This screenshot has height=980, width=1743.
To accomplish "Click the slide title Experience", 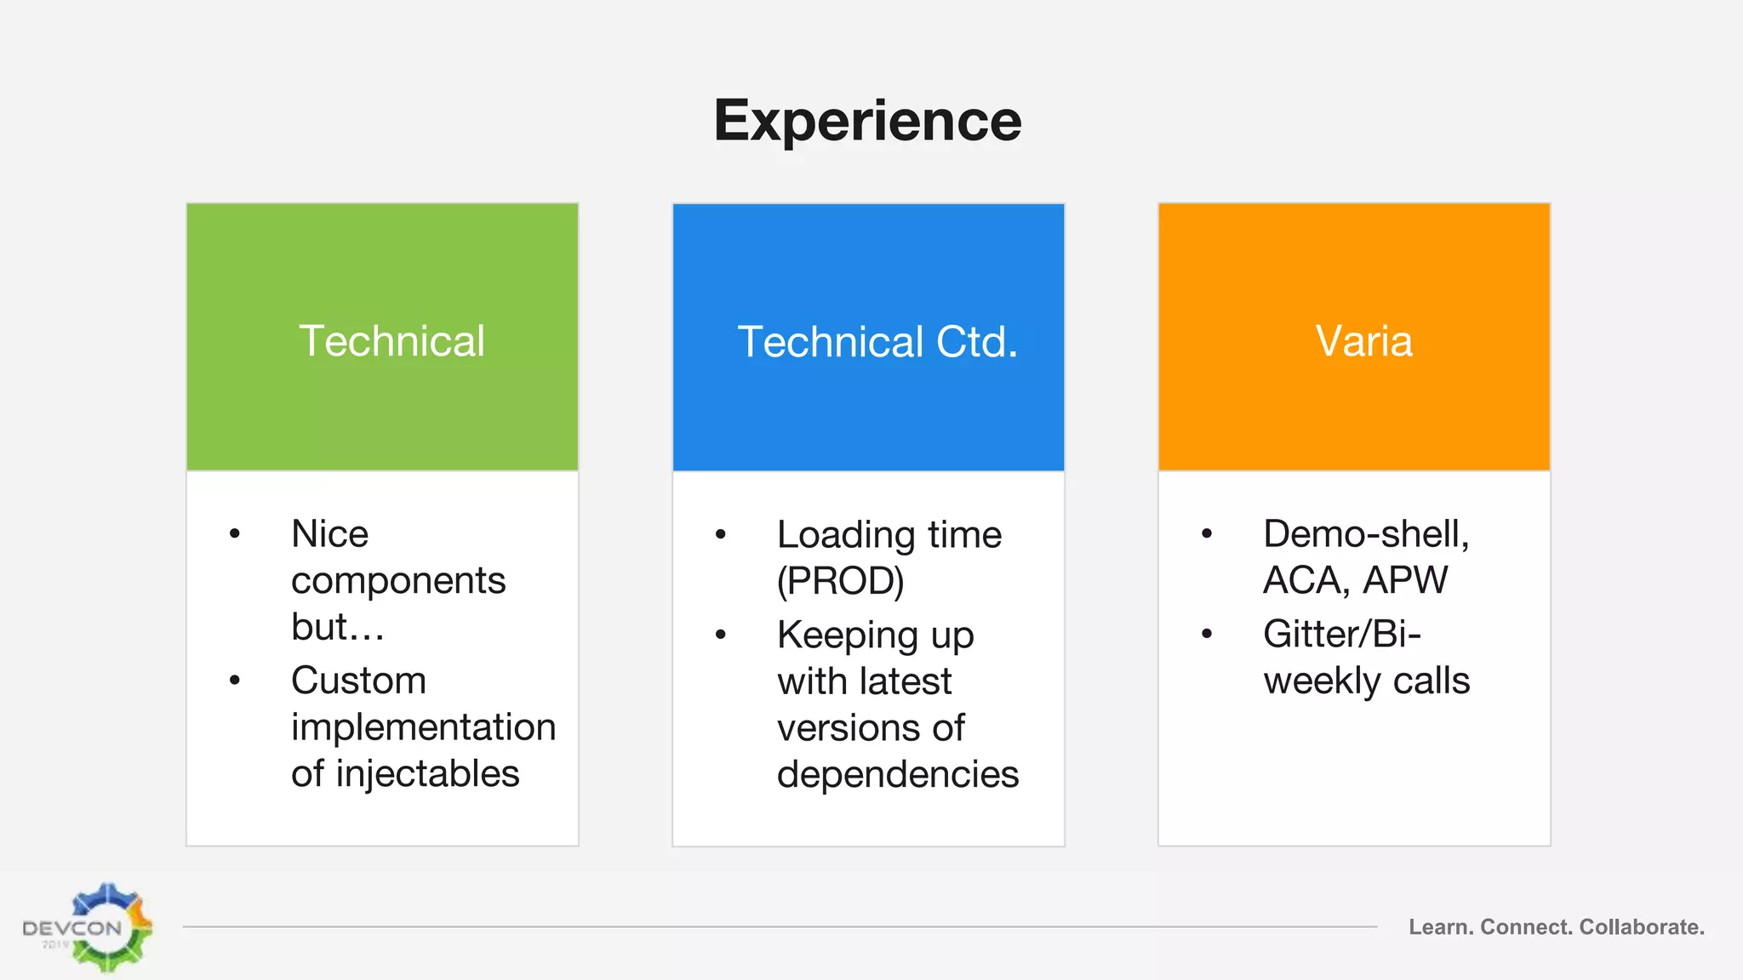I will [867, 121].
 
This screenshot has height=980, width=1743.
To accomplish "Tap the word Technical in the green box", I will [391, 341].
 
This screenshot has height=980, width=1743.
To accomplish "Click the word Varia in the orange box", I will [1363, 341].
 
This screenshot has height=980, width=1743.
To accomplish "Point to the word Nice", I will [329, 534].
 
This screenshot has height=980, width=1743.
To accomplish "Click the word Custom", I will [358, 681].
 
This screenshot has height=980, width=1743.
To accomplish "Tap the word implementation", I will [423, 727].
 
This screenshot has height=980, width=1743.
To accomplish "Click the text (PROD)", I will [840, 581].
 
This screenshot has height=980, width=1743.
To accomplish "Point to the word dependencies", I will [897, 774].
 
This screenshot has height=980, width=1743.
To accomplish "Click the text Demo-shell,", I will [1366, 534].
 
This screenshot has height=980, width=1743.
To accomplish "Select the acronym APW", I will [1404, 580].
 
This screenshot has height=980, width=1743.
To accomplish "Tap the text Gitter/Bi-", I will [1341, 635].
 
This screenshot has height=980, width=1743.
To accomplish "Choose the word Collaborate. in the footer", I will [1641, 927].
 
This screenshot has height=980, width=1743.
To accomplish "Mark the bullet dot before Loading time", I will [721, 535].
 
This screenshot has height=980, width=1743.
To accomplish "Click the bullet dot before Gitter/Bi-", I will [1206, 635].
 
